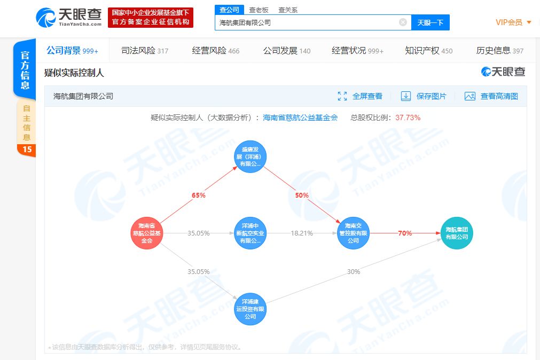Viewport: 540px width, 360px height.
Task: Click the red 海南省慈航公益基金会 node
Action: (x=147, y=233)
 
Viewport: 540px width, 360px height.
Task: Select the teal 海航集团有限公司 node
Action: (x=457, y=233)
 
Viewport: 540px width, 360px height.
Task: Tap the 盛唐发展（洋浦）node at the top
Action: (x=250, y=156)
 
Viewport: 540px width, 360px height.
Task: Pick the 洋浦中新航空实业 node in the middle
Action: (x=250, y=233)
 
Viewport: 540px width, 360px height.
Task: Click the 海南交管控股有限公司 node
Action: (x=353, y=233)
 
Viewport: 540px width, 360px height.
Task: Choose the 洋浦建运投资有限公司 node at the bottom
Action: (x=250, y=309)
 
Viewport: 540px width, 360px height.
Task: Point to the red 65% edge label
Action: (x=198, y=195)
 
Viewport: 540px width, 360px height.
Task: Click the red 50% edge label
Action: (x=302, y=195)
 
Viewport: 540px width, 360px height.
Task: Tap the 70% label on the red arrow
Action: (x=405, y=233)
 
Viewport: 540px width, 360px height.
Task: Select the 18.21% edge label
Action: (x=302, y=233)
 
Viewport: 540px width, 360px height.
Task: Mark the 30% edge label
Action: (x=354, y=271)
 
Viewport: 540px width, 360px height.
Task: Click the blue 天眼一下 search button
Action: (x=431, y=23)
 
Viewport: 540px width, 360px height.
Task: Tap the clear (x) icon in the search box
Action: (x=403, y=22)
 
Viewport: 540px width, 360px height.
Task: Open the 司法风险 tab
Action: (x=145, y=51)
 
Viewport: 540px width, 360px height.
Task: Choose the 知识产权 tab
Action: (x=429, y=51)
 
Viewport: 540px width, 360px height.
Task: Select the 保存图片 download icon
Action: (x=406, y=96)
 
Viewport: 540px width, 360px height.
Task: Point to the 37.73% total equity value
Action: (x=408, y=118)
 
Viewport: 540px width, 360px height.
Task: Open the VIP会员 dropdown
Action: (x=513, y=22)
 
